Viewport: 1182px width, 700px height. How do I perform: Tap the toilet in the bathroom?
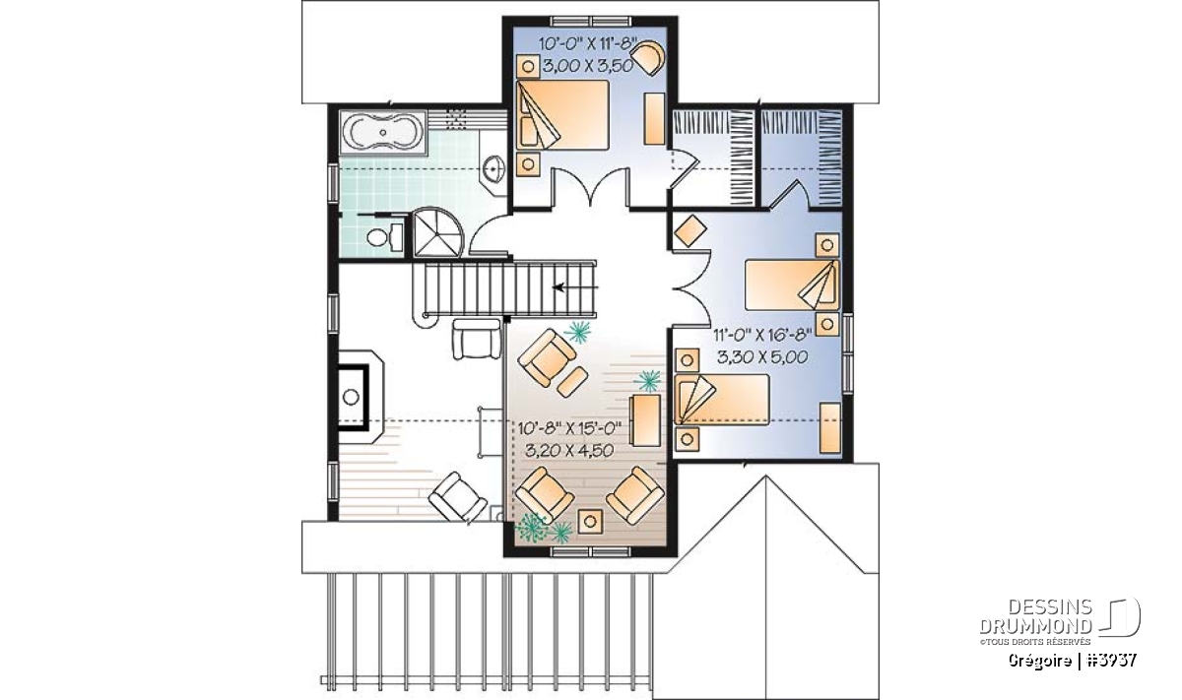(384, 237)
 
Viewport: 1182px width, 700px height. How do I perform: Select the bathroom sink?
(493, 168)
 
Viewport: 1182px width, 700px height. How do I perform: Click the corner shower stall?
(436, 232)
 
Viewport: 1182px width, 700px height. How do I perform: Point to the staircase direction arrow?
(574, 287)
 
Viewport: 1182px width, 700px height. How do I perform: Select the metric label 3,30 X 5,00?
(762, 357)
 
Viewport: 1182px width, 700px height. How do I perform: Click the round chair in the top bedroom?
(647, 57)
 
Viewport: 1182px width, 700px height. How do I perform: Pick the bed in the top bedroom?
(562, 115)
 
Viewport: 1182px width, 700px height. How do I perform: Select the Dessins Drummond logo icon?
(1119, 617)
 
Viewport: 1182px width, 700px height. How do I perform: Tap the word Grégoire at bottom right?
(1039, 661)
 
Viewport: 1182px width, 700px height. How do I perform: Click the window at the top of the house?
(590, 21)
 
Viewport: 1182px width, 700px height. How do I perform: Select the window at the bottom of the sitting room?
(590, 551)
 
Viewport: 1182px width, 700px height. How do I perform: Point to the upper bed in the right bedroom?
(792, 285)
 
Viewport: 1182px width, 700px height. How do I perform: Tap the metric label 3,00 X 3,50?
(588, 66)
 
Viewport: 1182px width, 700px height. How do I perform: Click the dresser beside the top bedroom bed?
(654, 118)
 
